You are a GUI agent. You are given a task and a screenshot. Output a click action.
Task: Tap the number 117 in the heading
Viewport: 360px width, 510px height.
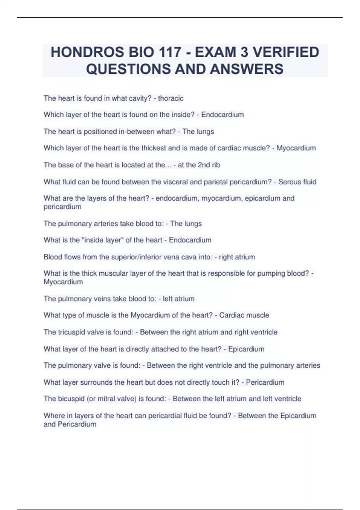169,52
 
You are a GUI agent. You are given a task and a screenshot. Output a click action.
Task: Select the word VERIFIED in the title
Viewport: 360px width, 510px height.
286,52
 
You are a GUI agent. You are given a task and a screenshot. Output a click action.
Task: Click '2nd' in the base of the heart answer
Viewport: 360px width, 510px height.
204,165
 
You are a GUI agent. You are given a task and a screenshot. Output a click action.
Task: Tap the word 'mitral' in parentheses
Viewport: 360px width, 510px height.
103,399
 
